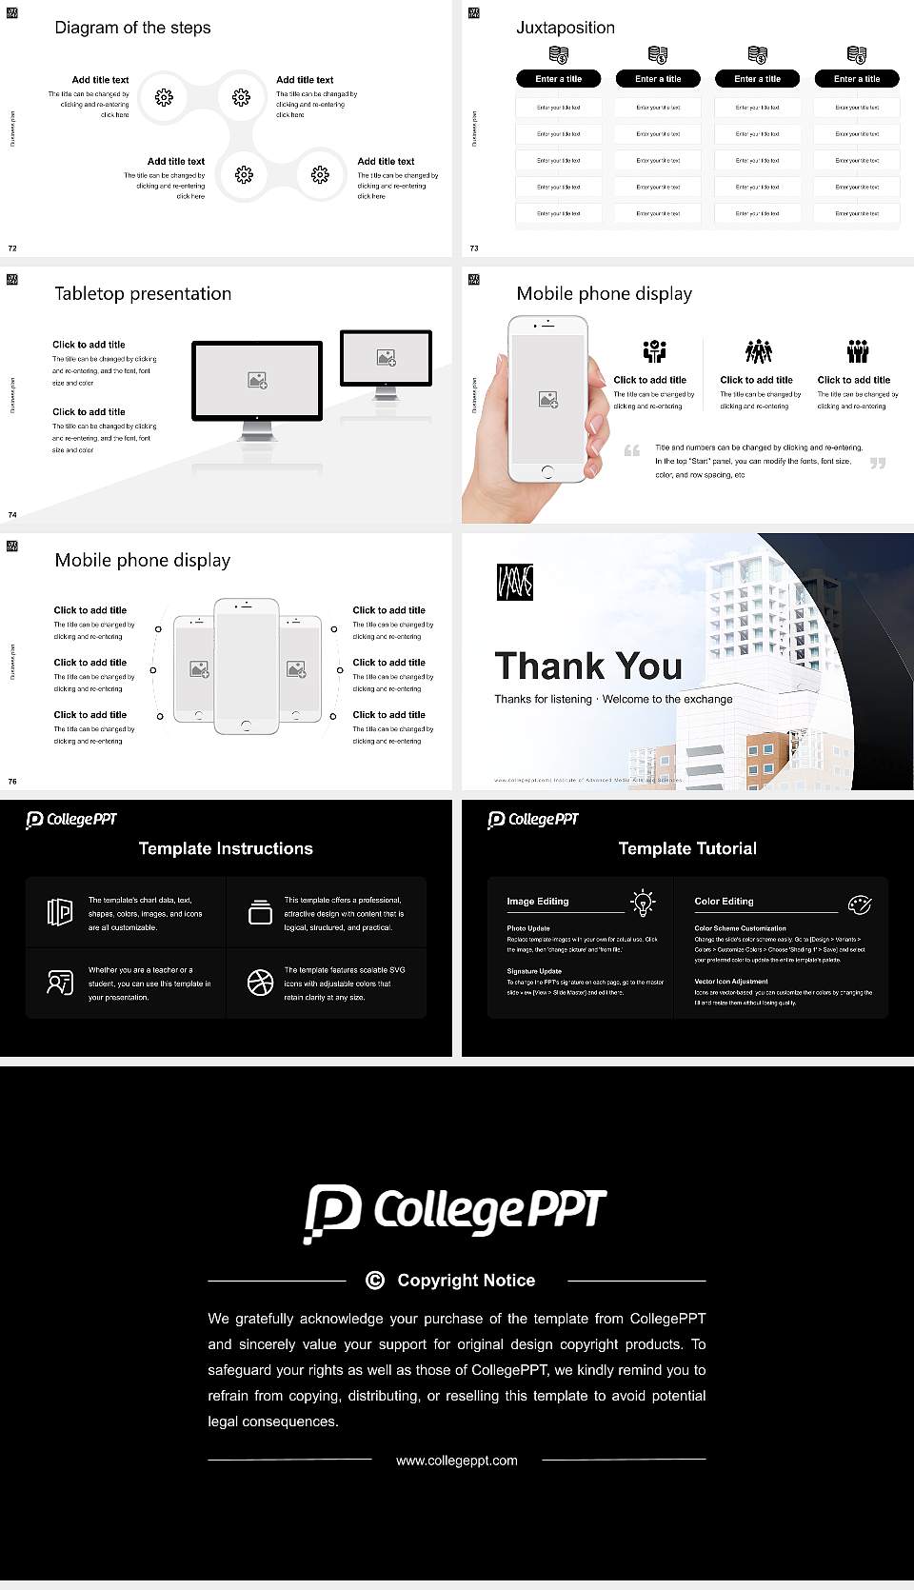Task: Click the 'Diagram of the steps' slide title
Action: click(132, 28)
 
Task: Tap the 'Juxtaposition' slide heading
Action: click(565, 28)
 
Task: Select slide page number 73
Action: click(474, 248)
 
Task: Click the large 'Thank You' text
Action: click(587, 666)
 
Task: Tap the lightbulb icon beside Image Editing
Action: click(643, 902)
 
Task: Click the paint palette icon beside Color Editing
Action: click(859, 904)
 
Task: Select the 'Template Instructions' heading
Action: click(226, 848)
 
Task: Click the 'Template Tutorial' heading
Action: click(687, 848)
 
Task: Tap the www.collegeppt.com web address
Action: click(457, 1461)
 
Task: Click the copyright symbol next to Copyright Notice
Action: click(375, 1281)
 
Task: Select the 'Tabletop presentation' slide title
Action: click(143, 294)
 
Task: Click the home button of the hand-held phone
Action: click(546, 471)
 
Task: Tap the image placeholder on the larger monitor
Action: click(257, 380)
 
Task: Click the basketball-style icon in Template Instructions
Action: click(260, 983)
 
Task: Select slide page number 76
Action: click(12, 782)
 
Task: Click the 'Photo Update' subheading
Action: click(527, 928)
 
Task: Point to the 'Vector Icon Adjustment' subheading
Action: click(730, 981)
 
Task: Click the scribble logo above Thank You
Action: click(514, 582)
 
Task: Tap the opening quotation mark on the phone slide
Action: click(631, 450)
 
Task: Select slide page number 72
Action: click(12, 248)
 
